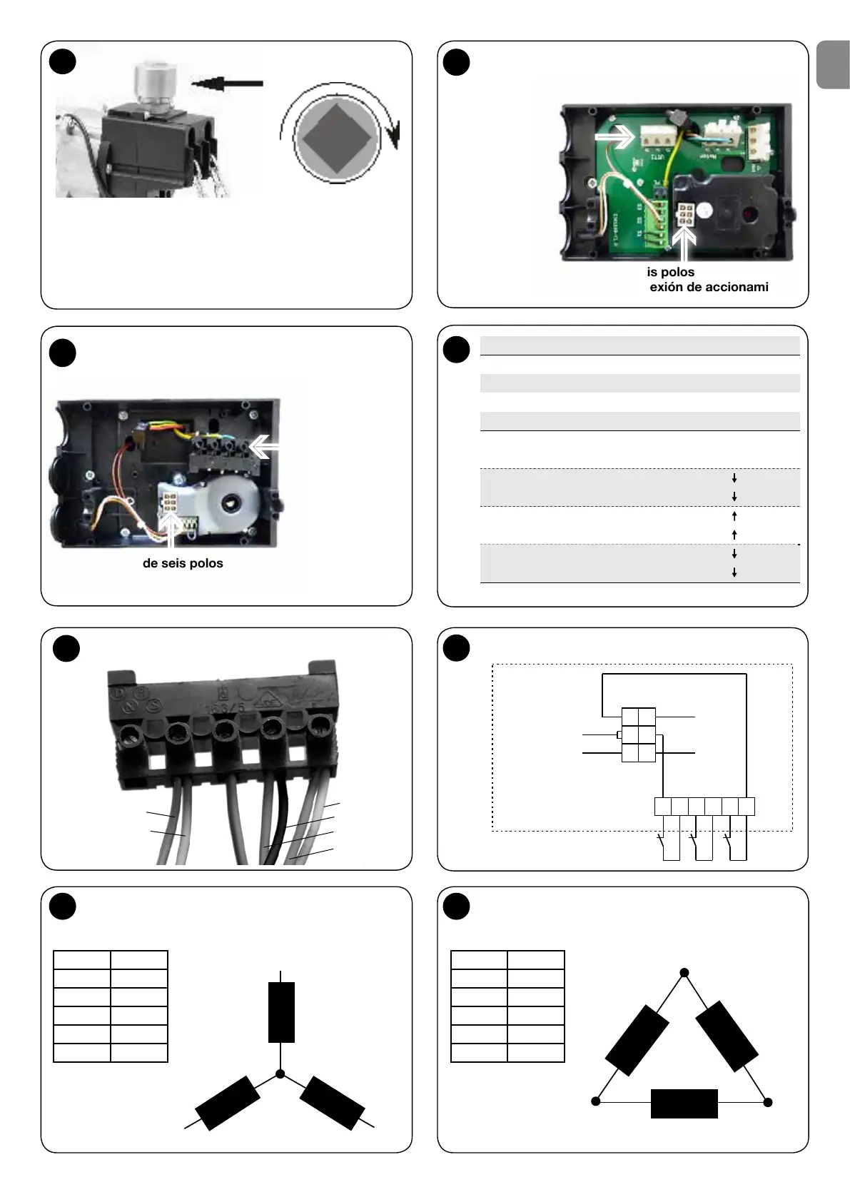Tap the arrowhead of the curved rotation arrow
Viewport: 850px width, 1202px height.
click(392, 136)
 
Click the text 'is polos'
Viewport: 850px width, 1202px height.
click(671, 272)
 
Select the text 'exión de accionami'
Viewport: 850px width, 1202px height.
click(709, 287)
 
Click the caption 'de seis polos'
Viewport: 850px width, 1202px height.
click(183, 563)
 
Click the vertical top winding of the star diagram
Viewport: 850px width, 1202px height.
click(281, 1012)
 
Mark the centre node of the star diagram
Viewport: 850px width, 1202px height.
click(280, 1074)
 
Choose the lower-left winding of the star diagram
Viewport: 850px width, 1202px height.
click(227, 1103)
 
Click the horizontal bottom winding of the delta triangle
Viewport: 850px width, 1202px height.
click(684, 1103)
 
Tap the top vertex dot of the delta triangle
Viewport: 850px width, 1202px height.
click(684, 973)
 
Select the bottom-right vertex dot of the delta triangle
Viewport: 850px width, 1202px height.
click(768, 1102)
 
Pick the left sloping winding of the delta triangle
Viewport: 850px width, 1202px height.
click(637, 1040)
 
